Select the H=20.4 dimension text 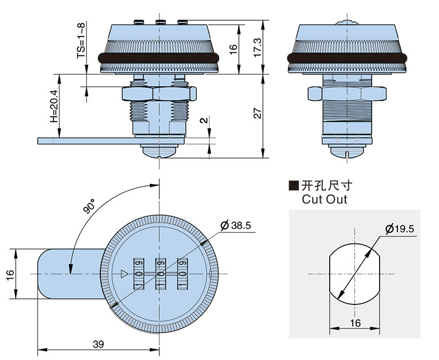(54, 107)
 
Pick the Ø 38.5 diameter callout (236, 225)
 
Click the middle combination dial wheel (160, 273)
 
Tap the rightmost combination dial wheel (182, 273)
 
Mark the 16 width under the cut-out (355, 322)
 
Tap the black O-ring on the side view (348, 57)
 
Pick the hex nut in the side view (348, 92)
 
